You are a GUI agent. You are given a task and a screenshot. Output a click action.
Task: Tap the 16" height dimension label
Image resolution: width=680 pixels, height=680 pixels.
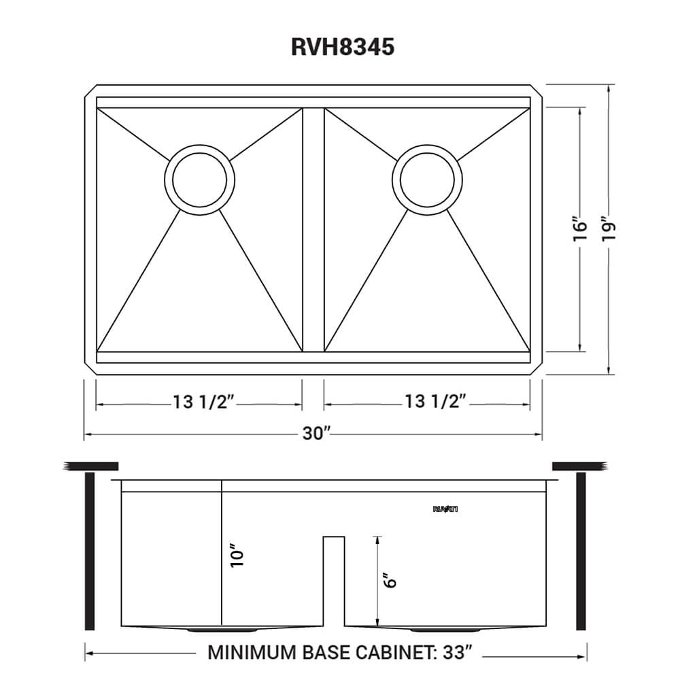(579, 230)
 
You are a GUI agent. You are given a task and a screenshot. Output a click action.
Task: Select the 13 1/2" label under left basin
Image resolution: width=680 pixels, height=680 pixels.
(203, 403)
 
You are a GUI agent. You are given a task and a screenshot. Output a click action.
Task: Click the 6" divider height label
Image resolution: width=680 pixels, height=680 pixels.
(389, 580)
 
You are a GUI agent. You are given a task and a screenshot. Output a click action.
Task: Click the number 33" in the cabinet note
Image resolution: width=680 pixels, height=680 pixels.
(455, 653)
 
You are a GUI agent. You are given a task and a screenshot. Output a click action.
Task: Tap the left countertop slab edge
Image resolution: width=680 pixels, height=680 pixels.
(91, 466)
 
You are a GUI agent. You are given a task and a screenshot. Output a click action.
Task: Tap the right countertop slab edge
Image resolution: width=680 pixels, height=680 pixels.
(578, 466)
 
